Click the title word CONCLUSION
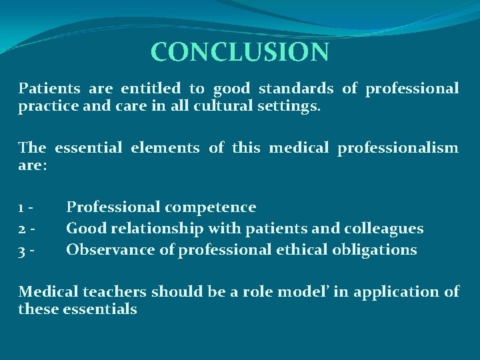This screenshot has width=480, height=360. [239, 52]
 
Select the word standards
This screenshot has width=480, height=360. [296, 88]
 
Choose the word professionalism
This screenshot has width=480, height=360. [397, 147]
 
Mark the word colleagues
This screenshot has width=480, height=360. [383, 229]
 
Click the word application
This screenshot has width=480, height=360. [383, 292]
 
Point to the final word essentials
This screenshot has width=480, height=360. [100, 309]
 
